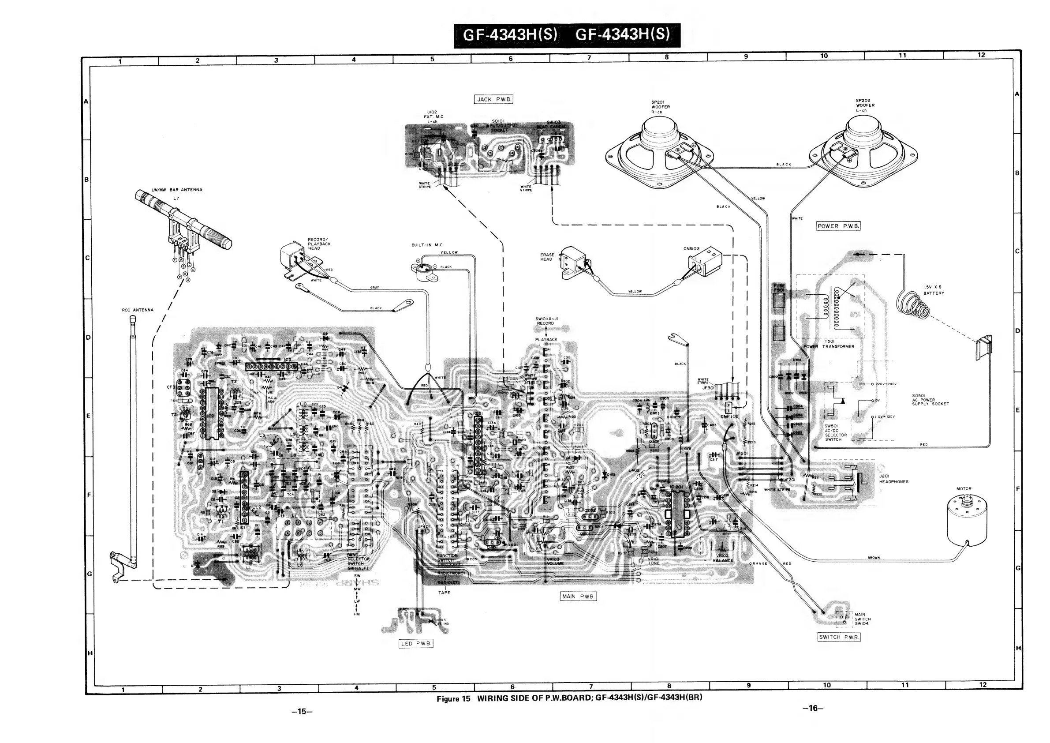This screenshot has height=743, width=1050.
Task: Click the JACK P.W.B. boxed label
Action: [494, 99]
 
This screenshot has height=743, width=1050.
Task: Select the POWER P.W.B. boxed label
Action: [838, 226]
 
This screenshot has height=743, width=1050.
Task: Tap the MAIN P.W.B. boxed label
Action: [579, 596]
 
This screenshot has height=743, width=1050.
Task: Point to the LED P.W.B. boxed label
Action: [416, 643]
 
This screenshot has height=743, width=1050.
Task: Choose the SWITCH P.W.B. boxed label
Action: [839, 637]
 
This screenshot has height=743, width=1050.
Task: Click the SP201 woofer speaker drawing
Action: [658, 151]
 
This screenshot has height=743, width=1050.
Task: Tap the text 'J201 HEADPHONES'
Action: [893, 479]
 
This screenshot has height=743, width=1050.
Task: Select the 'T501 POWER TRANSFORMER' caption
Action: [829, 344]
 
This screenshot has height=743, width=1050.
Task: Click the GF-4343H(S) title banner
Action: [567, 35]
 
